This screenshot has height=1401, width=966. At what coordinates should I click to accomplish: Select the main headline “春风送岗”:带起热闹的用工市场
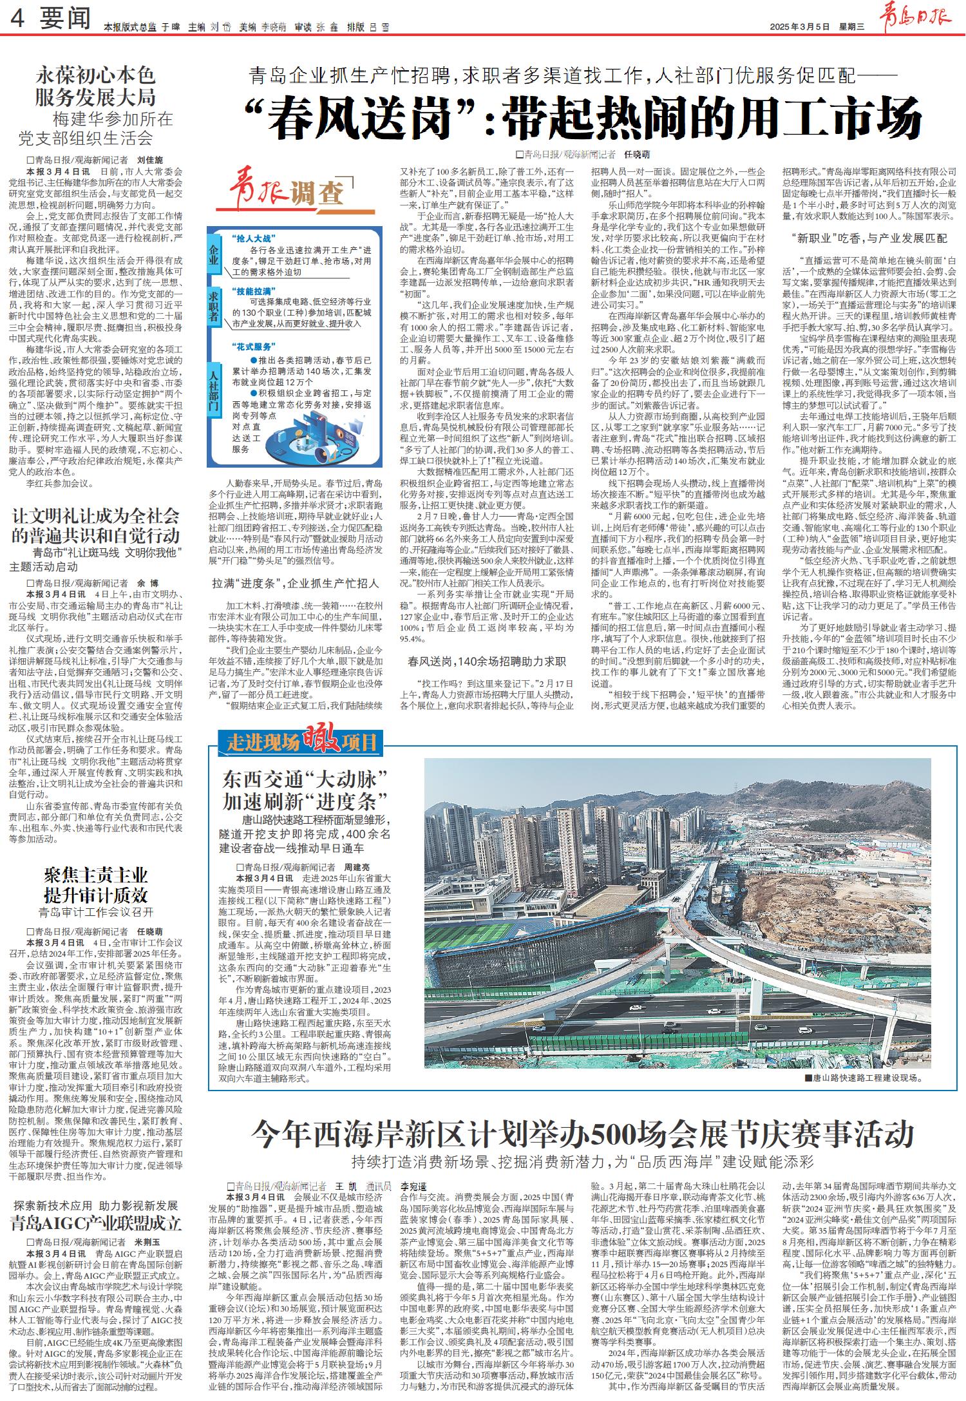[x=583, y=118]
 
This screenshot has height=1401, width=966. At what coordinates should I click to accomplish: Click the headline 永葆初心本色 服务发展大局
[x=95, y=87]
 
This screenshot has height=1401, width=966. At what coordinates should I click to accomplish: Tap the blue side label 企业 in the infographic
[x=214, y=256]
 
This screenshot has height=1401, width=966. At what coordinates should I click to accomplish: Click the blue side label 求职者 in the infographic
[x=214, y=309]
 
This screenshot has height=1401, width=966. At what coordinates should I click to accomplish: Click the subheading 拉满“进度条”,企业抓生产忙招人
[x=296, y=584]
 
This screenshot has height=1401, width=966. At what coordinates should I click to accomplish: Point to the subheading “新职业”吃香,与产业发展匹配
[x=869, y=238]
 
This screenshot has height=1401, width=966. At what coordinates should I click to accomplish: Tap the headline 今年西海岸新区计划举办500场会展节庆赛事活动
[x=583, y=1134]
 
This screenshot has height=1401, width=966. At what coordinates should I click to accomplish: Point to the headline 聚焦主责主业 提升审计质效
[x=96, y=885]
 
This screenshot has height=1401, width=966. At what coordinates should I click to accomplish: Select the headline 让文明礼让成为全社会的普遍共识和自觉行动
[x=96, y=526]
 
